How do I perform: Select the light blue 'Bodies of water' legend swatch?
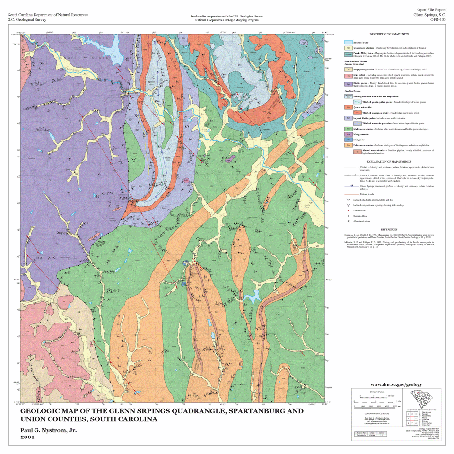point(348,42)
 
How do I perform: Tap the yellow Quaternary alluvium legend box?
point(348,48)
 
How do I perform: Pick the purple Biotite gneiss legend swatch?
point(348,84)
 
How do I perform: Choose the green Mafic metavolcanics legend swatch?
point(348,129)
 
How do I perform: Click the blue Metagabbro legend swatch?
point(348,140)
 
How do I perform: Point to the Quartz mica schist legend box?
point(348,107)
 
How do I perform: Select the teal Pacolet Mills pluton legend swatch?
point(348,54)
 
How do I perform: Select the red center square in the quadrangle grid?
point(411,419)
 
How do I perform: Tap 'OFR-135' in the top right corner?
point(436,20)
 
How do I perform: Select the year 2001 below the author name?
point(28,437)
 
